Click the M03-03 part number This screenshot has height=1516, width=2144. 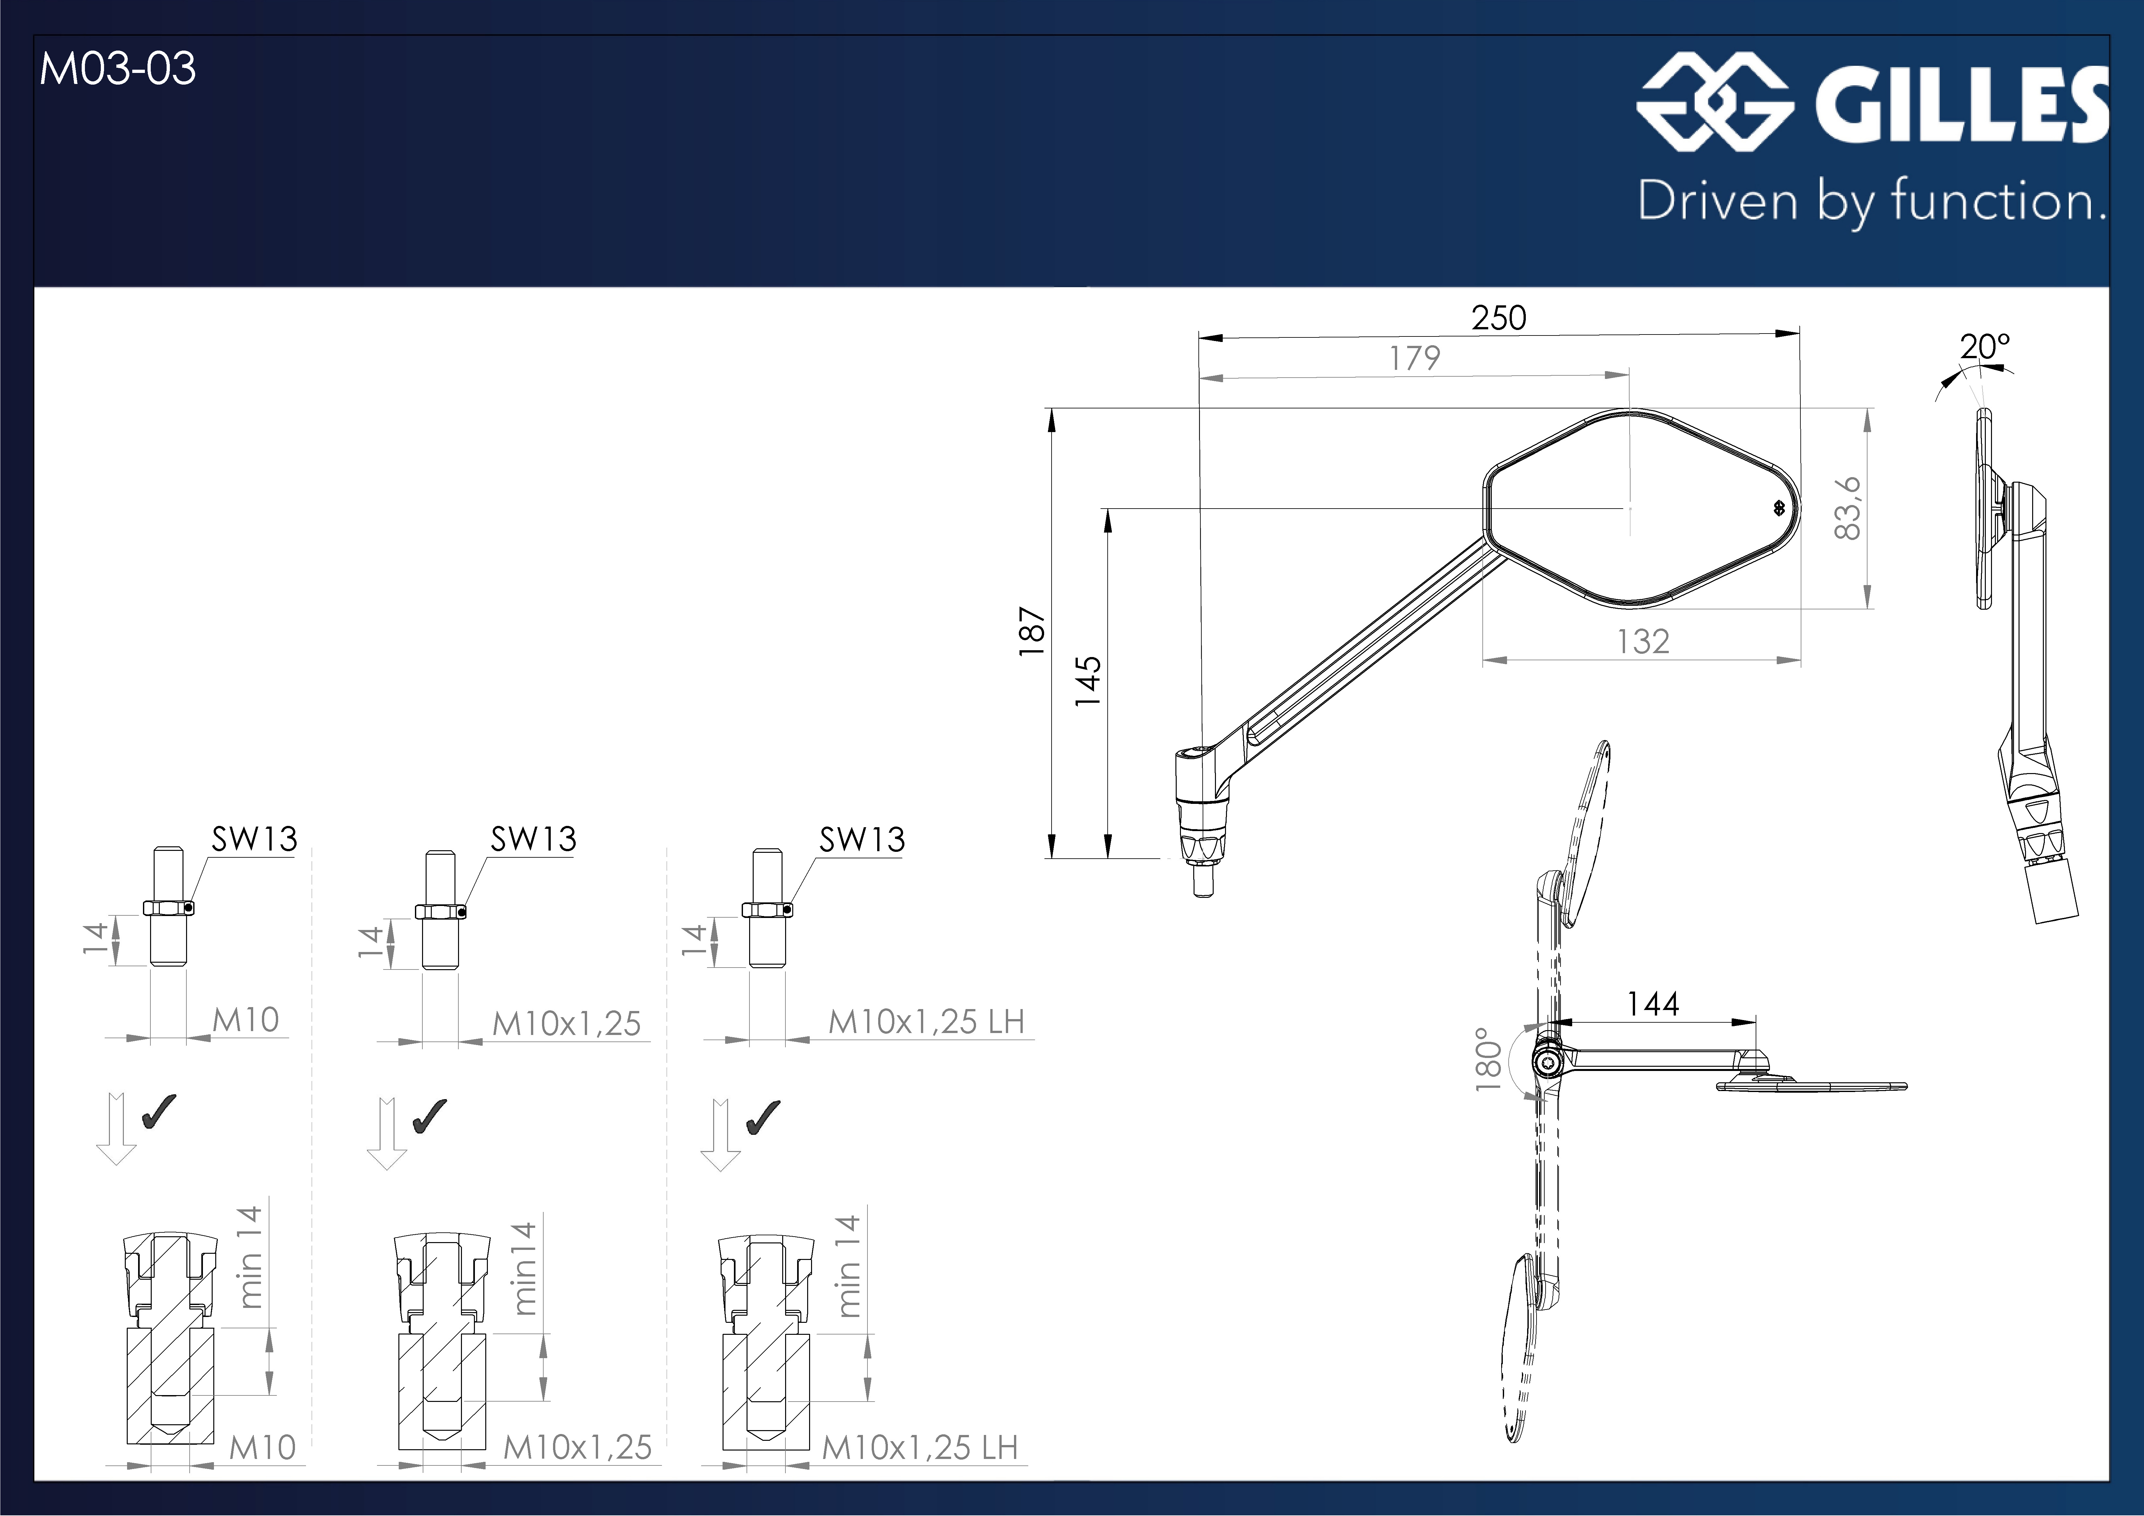(x=118, y=69)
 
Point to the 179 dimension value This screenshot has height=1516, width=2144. (x=1415, y=358)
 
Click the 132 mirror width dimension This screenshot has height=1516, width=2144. (x=1643, y=641)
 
